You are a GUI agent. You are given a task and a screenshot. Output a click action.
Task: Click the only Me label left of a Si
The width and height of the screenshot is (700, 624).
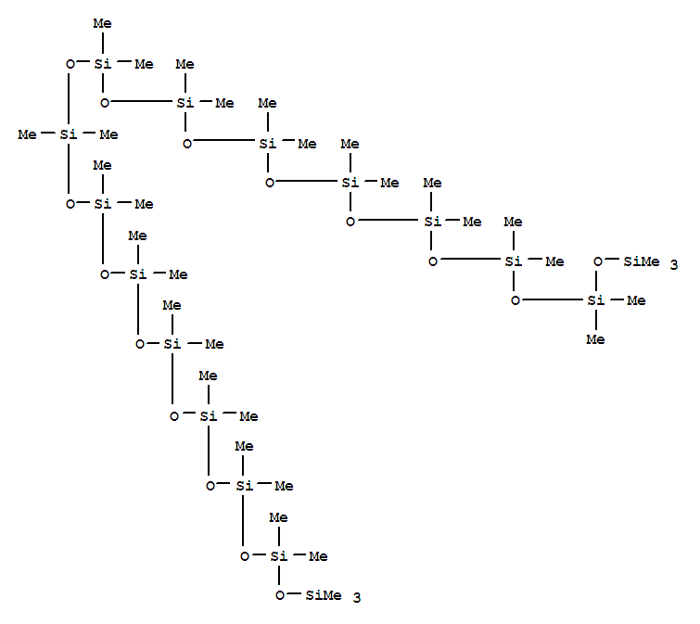pyautogui.click(x=27, y=134)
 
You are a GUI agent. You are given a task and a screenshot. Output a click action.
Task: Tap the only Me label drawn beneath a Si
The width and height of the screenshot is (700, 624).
pyautogui.click(x=594, y=339)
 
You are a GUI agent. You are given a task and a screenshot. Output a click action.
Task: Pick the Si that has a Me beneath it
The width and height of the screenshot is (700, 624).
pyautogui.click(x=594, y=299)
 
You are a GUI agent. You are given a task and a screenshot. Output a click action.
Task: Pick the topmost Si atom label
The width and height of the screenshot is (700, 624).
pyautogui.click(x=103, y=64)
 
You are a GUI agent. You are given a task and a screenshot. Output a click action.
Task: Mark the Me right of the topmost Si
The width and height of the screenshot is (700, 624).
pyautogui.click(x=143, y=64)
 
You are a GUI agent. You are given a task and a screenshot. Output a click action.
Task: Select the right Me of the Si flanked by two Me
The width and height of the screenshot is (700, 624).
pyautogui.click(x=108, y=134)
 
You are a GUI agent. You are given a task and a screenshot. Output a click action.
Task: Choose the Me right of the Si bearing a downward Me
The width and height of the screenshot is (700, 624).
pyautogui.click(x=635, y=299)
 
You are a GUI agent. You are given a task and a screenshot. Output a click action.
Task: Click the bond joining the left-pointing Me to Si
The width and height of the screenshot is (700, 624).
pyautogui.click(x=47, y=134)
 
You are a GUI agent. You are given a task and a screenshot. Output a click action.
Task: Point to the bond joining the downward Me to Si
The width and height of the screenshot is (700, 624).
pyautogui.click(x=594, y=320)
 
